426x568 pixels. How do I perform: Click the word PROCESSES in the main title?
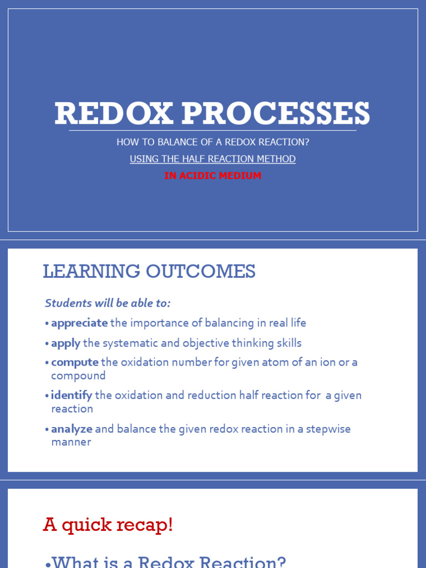coord(276,114)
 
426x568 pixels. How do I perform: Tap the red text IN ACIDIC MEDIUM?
coord(212,176)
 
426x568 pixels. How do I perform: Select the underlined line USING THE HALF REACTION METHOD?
coord(212,159)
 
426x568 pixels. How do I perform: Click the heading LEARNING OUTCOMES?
coord(149,272)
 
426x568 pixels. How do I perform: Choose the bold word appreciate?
coord(79,323)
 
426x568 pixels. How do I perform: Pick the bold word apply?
coord(65,343)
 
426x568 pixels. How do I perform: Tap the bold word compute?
coord(75,362)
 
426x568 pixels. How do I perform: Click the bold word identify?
coord(72,395)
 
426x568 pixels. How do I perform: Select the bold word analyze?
coord(72,429)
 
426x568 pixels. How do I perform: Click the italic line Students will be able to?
coord(108,303)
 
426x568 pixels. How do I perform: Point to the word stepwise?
coord(328,429)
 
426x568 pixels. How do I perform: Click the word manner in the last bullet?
coord(71,442)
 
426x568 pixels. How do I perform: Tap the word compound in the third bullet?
coord(78,376)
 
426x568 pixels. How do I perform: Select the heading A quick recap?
coord(108,525)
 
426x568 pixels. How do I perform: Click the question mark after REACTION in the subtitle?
coord(307,142)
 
